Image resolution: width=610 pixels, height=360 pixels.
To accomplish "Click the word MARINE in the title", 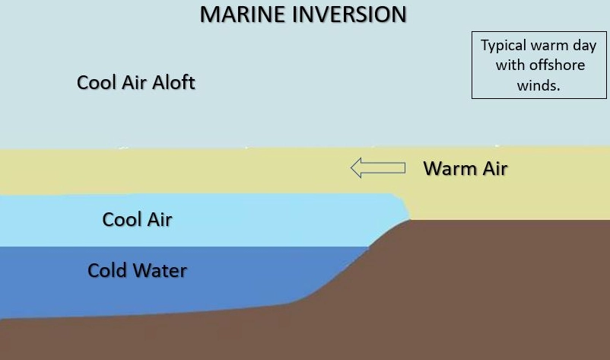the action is [243, 14].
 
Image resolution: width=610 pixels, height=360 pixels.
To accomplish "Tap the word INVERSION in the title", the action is [349, 14].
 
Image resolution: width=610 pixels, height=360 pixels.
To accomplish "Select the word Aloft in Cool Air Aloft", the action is [173, 82].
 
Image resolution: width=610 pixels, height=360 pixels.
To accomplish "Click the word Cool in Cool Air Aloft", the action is [97, 82].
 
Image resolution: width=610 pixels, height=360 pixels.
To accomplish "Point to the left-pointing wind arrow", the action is [378, 167].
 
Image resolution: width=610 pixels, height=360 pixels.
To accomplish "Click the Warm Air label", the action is [465, 168].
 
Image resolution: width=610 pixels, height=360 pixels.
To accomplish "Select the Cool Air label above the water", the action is [137, 219].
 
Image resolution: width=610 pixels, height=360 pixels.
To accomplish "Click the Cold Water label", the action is [137, 270].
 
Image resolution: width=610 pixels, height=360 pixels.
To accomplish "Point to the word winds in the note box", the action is [539, 85].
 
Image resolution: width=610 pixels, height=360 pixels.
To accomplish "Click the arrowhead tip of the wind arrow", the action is [351, 167].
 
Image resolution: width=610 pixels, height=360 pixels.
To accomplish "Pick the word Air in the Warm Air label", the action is [495, 168].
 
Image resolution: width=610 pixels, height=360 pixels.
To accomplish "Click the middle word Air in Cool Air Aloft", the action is [135, 82].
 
